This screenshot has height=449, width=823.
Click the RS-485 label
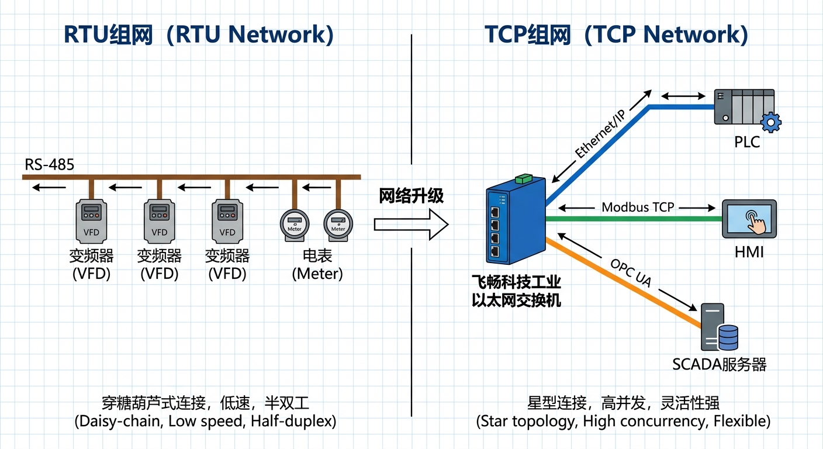(x=50, y=165)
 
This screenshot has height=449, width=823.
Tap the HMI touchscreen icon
(x=749, y=219)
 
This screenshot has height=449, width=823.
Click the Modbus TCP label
(x=638, y=207)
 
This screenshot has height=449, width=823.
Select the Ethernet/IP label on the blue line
(x=600, y=133)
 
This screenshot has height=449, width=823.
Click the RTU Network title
(x=199, y=35)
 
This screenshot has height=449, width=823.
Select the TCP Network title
(x=616, y=35)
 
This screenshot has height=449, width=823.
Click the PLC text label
(x=747, y=142)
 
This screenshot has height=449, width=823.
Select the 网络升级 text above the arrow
(x=411, y=196)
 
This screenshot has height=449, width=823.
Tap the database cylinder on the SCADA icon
(x=728, y=337)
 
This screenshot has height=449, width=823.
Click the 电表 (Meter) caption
(x=317, y=265)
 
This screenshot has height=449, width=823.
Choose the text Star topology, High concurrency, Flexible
(x=623, y=421)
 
